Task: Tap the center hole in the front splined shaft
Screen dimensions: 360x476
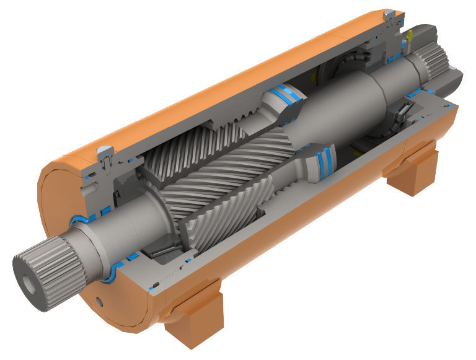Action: (x=29, y=288)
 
